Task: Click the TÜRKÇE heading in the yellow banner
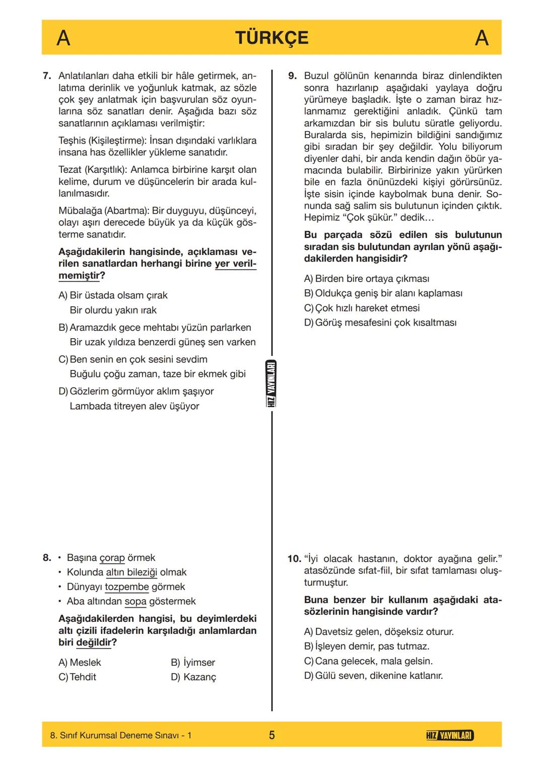click(x=271, y=38)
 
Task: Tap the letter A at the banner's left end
click(x=63, y=38)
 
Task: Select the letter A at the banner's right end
click(x=482, y=38)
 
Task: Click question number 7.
click(x=47, y=76)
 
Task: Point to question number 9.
click(x=292, y=76)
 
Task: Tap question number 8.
click(x=47, y=558)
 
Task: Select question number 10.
click(x=294, y=559)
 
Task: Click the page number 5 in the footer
click(x=271, y=735)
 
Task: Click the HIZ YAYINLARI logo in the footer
click(x=449, y=736)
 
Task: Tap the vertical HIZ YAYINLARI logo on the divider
click(x=271, y=385)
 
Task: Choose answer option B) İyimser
click(x=193, y=663)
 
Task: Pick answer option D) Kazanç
click(x=193, y=677)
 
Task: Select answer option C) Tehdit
click(x=78, y=677)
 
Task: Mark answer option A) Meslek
click(x=80, y=663)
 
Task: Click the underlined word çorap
click(x=112, y=558)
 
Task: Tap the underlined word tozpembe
click(x=127, y=587)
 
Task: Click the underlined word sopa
click(x=135, y=602)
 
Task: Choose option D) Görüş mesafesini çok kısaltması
click(x=380, y=323)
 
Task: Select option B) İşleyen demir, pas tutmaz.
click(x=367, y=647)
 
